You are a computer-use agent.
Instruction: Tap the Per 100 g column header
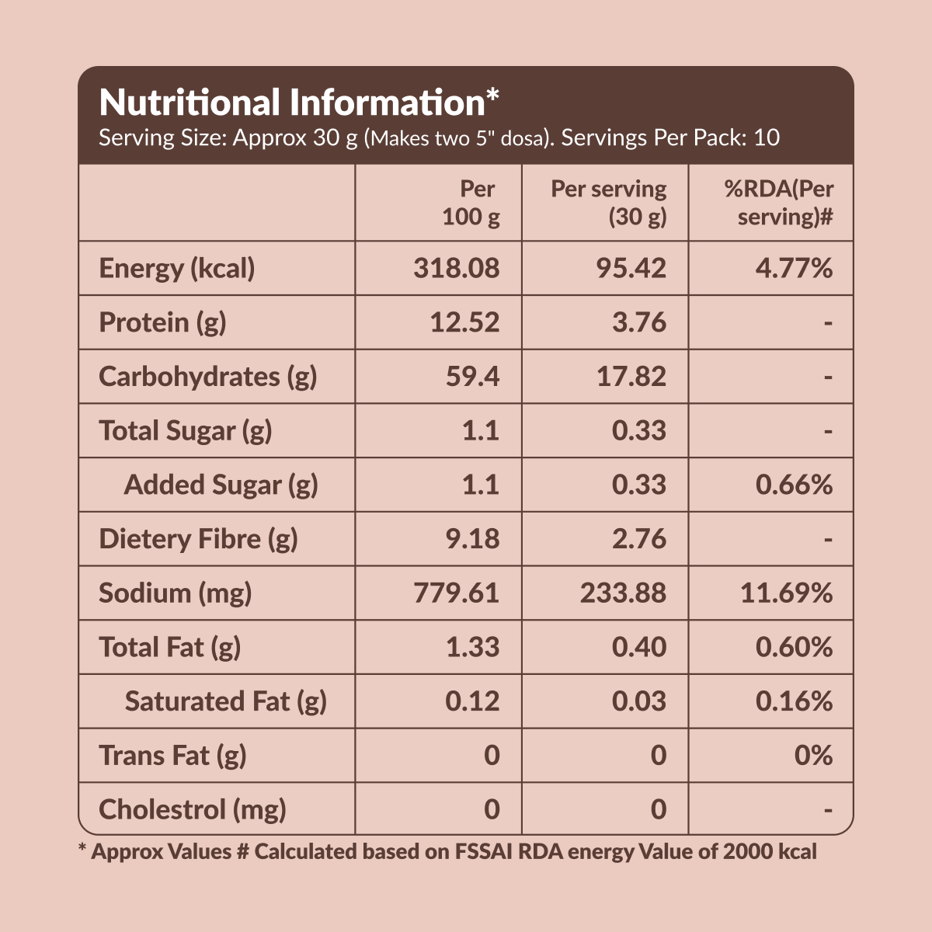[471, 203]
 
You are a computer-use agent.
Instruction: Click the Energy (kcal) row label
[177, 269]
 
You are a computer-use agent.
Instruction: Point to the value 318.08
[457, 269]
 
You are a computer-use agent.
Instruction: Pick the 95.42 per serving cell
[631, 269]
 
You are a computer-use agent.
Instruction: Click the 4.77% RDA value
[794, 269]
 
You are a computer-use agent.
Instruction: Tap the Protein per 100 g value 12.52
[464, 322]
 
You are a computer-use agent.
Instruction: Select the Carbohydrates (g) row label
[207, 377]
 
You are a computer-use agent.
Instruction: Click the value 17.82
[631, 377]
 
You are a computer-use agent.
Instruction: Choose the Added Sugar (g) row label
[221, 485]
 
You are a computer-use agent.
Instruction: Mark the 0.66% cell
[794, 485]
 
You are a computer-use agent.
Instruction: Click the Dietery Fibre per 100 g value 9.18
[472, 539]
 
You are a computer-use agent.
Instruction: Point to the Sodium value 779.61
[457, 593]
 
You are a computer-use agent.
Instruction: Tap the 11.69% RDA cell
[786, 593]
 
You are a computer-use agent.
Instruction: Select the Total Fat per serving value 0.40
[638, 647]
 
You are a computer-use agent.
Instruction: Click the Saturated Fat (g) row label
[225, 701]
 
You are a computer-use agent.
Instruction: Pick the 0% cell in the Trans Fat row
[813, 755]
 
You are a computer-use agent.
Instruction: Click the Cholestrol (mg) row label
[193, 809]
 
